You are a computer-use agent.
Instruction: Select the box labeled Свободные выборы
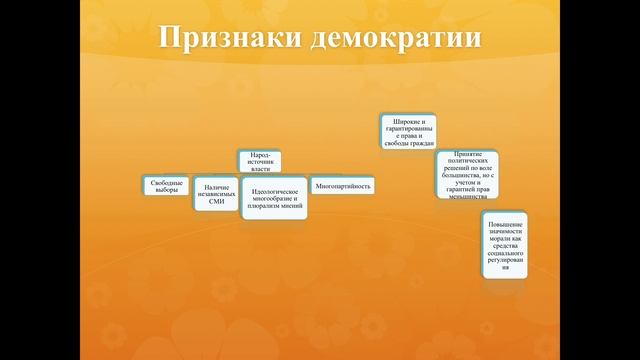[166, 185]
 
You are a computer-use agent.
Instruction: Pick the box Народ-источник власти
[260, 162]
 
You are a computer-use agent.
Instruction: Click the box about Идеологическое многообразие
[275, 196]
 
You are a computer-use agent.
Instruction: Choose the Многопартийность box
[343, 186]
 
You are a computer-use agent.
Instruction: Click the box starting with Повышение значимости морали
[506, 245]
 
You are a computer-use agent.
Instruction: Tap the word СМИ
[216, 202]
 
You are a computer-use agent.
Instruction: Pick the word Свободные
[166, 181]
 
